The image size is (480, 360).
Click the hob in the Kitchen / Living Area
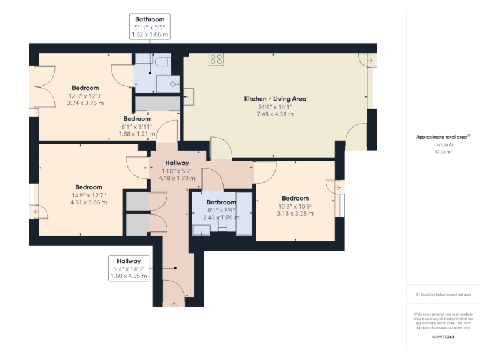[216, 59]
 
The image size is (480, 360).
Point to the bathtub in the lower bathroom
[244, 214]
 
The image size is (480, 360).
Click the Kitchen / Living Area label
[275, 99]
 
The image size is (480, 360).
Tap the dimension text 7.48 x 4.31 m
[275, 114]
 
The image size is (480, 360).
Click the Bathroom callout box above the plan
[149, 27]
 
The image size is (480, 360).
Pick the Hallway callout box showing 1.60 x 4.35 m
[128, 268]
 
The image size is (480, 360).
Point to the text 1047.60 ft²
[443, 144]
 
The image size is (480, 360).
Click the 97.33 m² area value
[443, 151]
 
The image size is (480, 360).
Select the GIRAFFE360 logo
[443, 337]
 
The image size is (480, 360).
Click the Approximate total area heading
[442, 136]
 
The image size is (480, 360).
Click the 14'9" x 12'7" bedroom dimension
[89, 195]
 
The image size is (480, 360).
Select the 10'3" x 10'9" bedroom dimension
[295, 206]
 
